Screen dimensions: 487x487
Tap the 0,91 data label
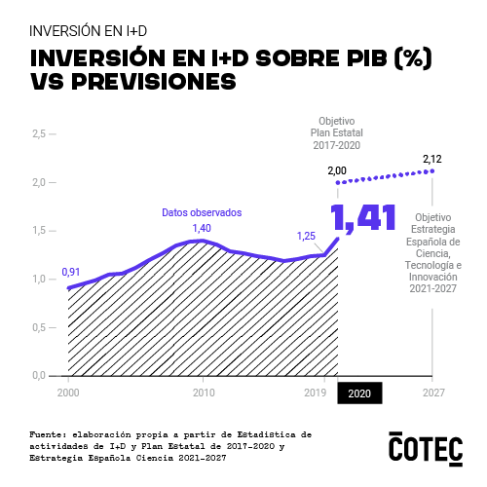[x=71, y=272]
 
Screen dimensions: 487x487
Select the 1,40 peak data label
[x=202, y=228]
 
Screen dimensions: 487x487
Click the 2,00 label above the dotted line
[x=337, y=171]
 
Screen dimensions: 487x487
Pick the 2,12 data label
[x=432, y=159]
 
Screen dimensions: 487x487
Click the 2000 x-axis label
[x=67, y=393]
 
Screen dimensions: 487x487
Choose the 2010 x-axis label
[x=203, y=393]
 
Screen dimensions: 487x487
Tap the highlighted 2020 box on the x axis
[x=359, y=393]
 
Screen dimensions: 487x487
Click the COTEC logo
[x=426, y=447]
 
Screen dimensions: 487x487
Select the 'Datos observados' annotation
[x=201, y=212]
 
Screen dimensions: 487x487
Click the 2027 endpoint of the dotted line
[x=432, y=170]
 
